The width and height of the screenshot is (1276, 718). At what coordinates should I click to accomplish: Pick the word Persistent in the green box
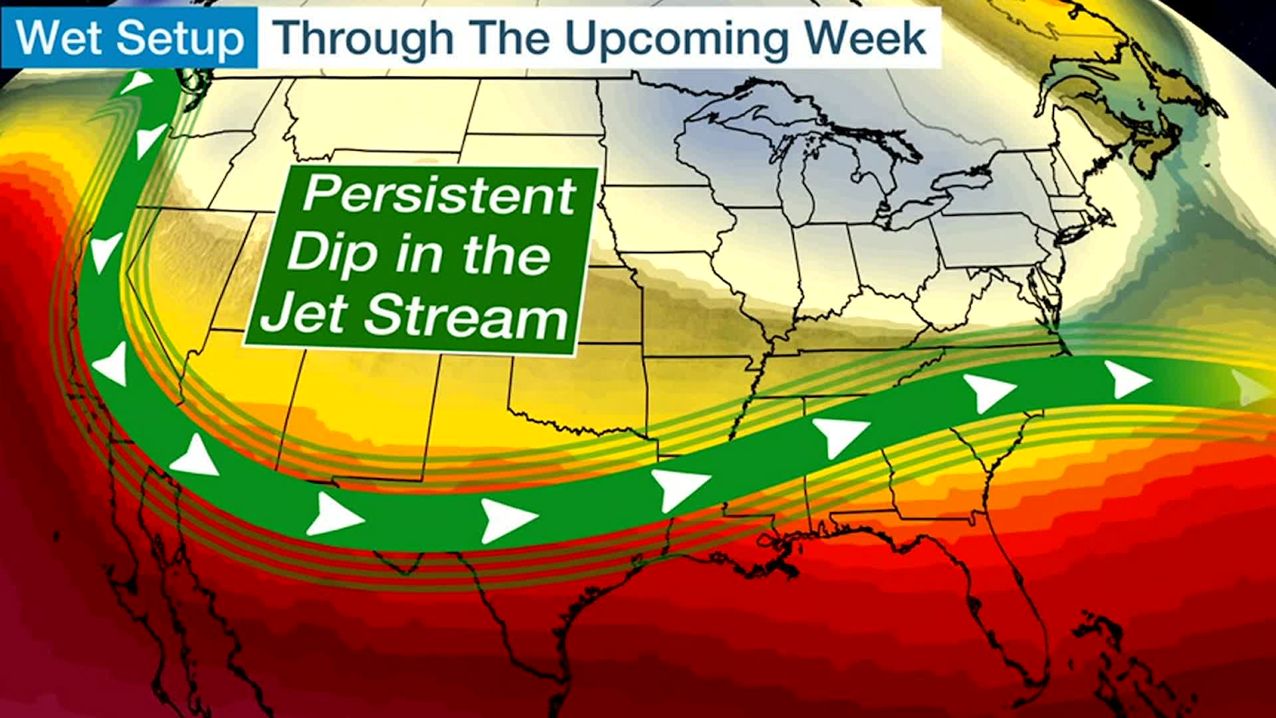point(439,195)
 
